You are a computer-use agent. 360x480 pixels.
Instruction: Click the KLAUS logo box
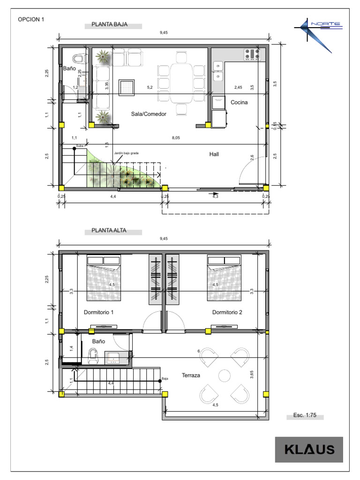309,450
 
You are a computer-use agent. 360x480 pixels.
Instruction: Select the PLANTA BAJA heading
110,25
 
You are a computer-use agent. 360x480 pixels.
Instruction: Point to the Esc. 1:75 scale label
305,415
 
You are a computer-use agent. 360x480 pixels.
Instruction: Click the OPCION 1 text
31,20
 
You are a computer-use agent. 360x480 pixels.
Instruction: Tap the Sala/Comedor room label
149,114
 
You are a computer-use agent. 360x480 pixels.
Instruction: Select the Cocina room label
239,102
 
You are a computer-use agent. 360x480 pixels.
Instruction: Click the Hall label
214,154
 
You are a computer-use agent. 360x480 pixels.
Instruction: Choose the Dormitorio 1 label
98,312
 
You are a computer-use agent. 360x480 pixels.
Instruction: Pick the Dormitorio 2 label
227,312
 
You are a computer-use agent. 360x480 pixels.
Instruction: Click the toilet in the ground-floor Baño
79,60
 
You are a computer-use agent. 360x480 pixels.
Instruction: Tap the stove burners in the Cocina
252,55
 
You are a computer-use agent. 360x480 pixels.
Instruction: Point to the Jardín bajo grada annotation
126,153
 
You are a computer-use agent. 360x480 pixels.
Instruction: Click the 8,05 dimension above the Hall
176,137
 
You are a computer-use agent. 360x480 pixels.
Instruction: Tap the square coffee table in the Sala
127,87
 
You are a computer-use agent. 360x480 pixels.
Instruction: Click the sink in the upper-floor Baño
114,359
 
